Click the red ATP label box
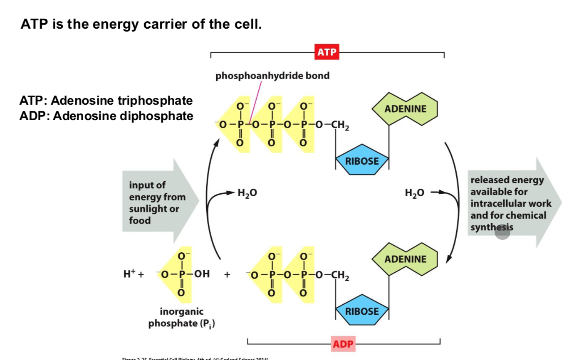click(327, 52)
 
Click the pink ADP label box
click(343, 344)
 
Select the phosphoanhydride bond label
click(272, 76)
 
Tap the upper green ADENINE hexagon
click(405, 109)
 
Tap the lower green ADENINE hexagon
click(405, 259)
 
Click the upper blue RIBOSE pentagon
click(362, 161)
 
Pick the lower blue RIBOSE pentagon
click(362, 311)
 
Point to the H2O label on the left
click(247, 193)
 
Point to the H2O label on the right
click(414, 192)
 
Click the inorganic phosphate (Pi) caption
click(182, 317)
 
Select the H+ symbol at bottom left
click(129, 274)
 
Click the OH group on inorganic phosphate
click(202, 274)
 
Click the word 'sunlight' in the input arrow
click(146, 209)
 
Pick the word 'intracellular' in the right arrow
click(510, 204)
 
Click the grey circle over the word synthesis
click(502, 232)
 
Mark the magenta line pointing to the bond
click(256, 102)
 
